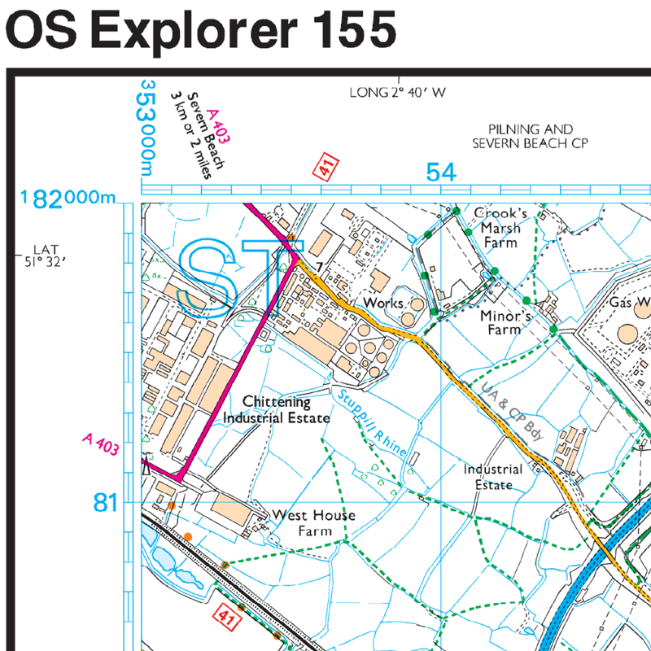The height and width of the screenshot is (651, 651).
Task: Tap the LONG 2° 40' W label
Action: tap(398, 93)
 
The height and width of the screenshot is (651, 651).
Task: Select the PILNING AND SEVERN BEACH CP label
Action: tap(531, 136)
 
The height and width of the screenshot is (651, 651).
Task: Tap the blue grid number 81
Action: tap(106, 504)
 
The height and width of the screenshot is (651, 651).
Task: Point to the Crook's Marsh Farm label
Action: tap(500, 227)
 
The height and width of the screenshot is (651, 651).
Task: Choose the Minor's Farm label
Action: tap(505, 322)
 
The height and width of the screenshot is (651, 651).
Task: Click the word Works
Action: tap(382, 303)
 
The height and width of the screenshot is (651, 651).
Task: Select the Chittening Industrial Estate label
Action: tap(277, 410)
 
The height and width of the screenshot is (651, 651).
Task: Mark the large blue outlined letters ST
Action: tap(232, 278)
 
